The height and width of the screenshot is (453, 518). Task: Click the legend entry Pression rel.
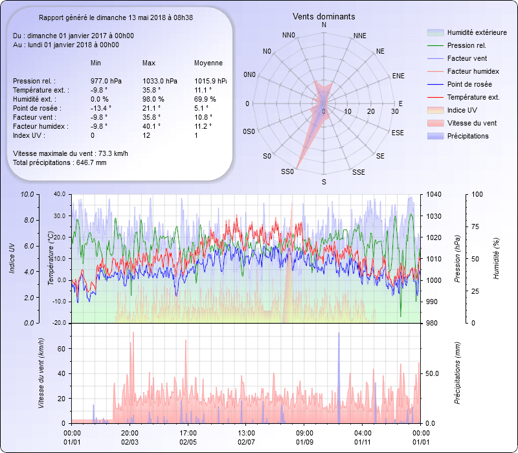pyautogui.click(x=466, y=45)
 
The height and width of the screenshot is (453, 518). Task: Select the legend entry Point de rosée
pyautogui.click(x=469, y=84)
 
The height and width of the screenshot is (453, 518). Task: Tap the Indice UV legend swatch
pyautogui.click(x=436, y=110)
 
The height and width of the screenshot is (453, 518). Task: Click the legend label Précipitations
pyautogui.click(x=467, y=136)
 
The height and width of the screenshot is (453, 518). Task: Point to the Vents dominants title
pyautogui.click(x=324, y=16)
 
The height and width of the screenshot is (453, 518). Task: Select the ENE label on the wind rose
pyautogui.click(x=398, y=76)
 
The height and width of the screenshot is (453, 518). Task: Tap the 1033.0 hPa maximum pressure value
pyautogui.click(x=160, y=81)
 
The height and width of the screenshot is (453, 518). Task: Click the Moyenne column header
pyautogui.click(x=208, y=63)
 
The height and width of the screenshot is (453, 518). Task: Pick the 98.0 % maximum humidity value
pyautogui.click(x=153, y=99)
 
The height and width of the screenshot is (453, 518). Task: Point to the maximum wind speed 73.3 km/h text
pyautogui.click(x=71, y=153)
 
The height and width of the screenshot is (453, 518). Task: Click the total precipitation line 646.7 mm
pyautogui.click(x=60, y=162)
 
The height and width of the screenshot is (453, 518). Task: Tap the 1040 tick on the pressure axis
pyautogui.click(x=434, y=194)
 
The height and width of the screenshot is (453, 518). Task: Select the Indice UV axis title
pyautogui.click(x=12, y=258)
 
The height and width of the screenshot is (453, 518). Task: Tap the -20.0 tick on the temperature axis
pyautogui.click(x=60, y=323)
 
